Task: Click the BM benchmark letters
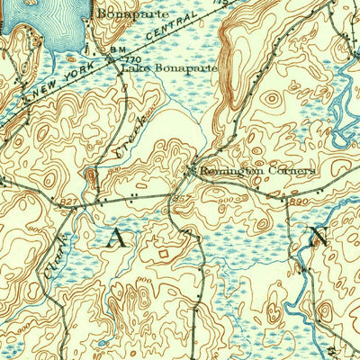[117, 49]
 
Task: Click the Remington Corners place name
[256, 170]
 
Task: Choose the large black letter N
[319, 238]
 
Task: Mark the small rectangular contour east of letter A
[162, 254]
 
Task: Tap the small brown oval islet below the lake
[71, 59]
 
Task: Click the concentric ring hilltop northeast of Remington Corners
[271, 100]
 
